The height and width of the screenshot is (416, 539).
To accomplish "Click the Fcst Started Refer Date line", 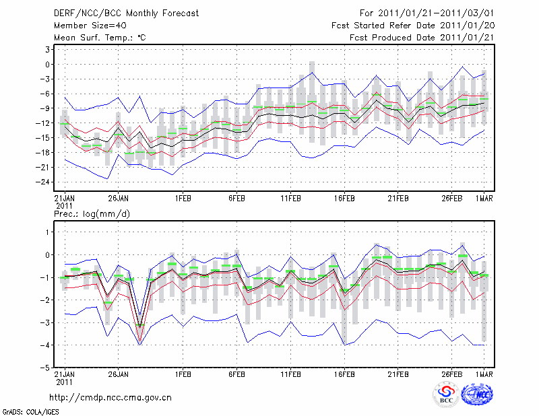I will [413, 26].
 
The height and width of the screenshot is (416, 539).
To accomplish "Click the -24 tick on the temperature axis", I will [46, 182].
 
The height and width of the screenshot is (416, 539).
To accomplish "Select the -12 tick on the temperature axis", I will [46, 123].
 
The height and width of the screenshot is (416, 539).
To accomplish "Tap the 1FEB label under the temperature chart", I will [183, 199].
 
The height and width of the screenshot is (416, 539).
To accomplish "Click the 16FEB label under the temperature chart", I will [344, 199].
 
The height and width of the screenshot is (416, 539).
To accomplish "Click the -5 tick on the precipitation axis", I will [47, 368].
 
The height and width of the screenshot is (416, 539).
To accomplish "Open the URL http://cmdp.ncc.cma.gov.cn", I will [110, 397].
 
